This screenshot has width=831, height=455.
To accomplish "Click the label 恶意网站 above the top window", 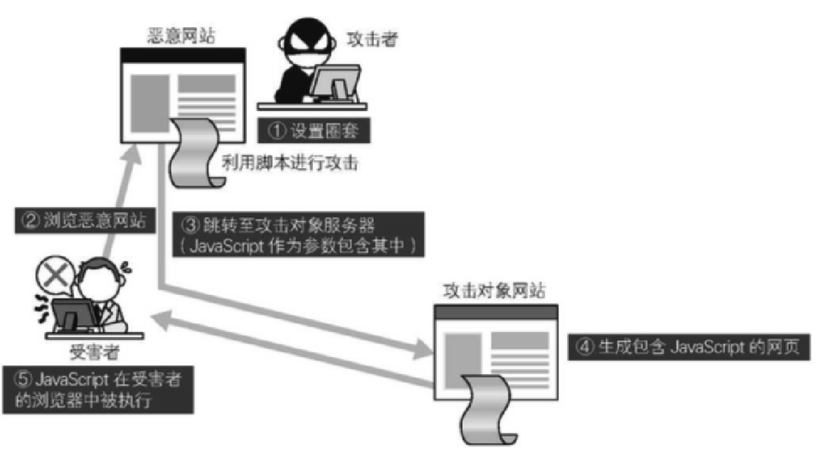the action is [182, 36].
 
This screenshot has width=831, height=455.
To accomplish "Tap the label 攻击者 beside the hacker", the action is [372, 39].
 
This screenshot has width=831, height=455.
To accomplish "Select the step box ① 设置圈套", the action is [313, 130].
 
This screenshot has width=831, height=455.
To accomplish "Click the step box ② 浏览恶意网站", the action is [85, 220].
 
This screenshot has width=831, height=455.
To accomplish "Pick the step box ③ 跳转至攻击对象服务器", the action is [298, 235].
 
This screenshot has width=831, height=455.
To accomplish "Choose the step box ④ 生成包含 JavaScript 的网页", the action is [689, 347].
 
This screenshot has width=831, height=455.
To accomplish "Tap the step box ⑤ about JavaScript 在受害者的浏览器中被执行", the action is [98, 390].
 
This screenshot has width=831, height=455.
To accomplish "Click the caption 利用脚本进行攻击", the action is [290, 163].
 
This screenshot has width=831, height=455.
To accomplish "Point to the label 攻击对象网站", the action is [494, 290].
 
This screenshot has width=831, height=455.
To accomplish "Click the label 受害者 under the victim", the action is [95, 352].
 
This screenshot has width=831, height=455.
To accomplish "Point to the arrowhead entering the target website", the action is [424, 348].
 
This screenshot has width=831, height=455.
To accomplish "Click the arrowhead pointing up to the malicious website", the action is [130, 156].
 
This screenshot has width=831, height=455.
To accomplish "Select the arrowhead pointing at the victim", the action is [161, 320].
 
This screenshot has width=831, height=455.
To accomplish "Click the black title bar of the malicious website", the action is [183, 55].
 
